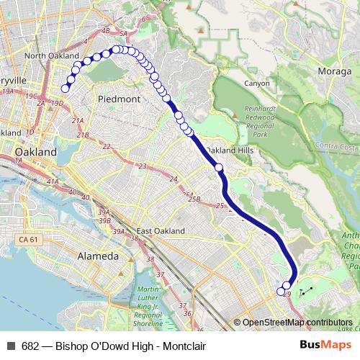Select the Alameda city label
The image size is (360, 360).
[x=98, y=256]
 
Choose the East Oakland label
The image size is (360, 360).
[x=161, y=231]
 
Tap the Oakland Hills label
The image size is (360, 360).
[x=230, y=150]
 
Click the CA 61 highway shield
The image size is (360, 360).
[x=29, y=238]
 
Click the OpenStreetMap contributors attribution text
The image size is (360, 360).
[x=297, y=323]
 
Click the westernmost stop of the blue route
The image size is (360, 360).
[x=65, y=89]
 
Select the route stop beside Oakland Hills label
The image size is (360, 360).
[x=219, y=168]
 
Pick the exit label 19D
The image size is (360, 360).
[x=58, y=104]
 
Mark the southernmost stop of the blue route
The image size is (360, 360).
[x=281, y=292]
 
